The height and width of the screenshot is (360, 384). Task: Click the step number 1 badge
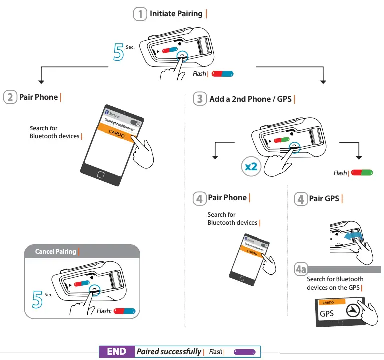tap(140, 14)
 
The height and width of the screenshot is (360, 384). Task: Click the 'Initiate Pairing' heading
tap(176, 14)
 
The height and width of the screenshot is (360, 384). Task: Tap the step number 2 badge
tap(10, 97)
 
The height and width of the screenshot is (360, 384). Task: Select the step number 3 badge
tap(200, 99)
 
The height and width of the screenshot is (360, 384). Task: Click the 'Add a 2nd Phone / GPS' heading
tap(250, 99)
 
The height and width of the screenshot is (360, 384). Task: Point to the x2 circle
tap(251, 166)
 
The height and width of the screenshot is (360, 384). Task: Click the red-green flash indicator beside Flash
tap(362, 173)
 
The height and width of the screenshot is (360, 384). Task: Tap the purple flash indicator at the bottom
tap(245, 352)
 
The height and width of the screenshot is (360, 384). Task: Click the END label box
tap(117, 352)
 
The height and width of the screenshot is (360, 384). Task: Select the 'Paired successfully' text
tap(169, 352)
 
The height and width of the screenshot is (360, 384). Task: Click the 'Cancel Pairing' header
tap(55, 251)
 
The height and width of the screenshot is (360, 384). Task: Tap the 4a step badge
tap(301, 270)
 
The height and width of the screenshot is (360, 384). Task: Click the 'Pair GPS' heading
tap(324, 199)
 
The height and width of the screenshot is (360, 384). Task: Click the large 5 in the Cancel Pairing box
tap(37, 298)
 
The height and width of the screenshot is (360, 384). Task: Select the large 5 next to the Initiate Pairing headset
tap(119, 52)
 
